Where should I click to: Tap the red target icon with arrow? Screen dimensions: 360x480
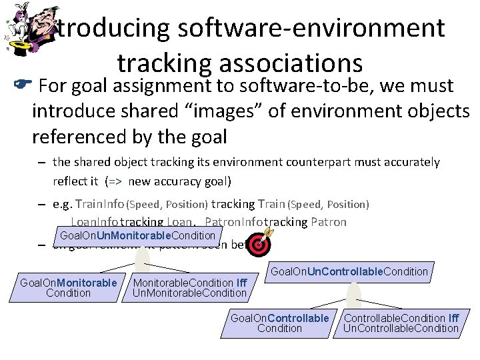point(260,243)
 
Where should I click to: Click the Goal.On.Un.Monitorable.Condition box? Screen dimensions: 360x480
point(137,235)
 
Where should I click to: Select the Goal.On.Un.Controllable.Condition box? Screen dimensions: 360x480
point(349,271)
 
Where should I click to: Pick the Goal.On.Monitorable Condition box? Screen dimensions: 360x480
point(69,288)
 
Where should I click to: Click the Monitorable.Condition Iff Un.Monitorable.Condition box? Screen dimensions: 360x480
point(190,288)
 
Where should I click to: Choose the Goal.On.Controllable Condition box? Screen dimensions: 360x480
point(279,323)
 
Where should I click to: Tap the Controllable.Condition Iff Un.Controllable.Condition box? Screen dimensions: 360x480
point(401,323)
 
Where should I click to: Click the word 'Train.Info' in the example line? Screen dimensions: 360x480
point(100,204)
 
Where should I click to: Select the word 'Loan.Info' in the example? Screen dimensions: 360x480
point(93,222)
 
